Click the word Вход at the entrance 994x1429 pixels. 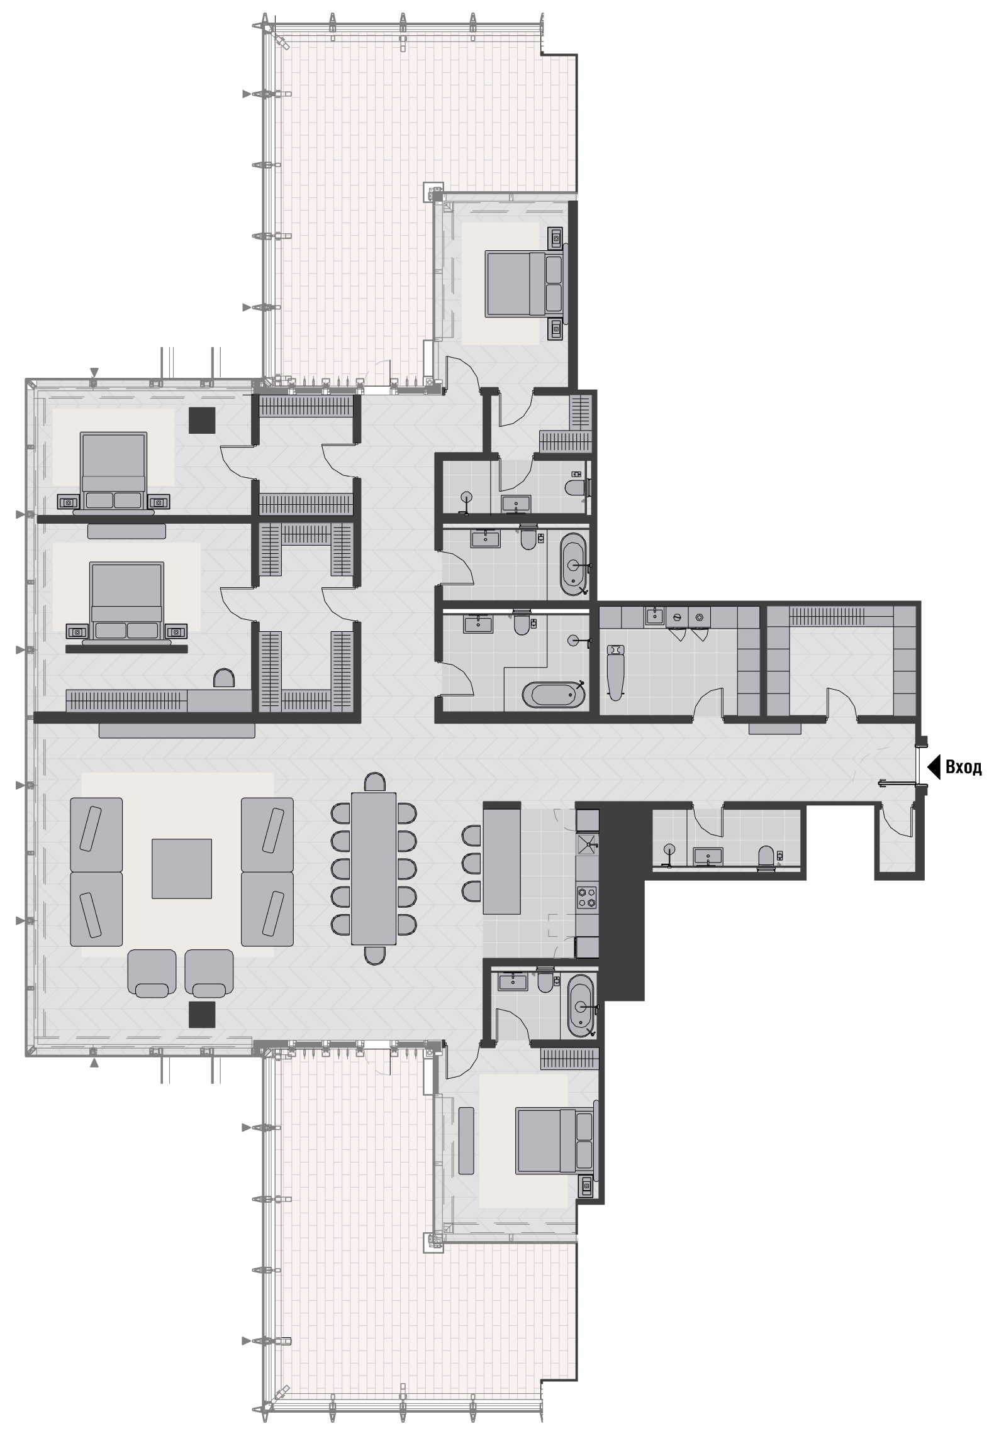point(963,767)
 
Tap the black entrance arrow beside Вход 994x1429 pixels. point(934,767)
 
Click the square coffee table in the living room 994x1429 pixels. point(182,868)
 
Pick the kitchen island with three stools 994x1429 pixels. point(501,858)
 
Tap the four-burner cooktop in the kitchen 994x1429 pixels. point(587,896)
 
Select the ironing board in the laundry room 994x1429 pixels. point(614,671)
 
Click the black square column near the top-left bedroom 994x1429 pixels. point(203,420)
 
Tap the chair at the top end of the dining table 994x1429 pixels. point(375,781)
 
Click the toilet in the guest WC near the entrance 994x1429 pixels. point(766,858)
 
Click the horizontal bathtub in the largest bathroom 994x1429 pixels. point(553,695)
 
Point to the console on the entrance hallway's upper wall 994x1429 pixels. point(774,729)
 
